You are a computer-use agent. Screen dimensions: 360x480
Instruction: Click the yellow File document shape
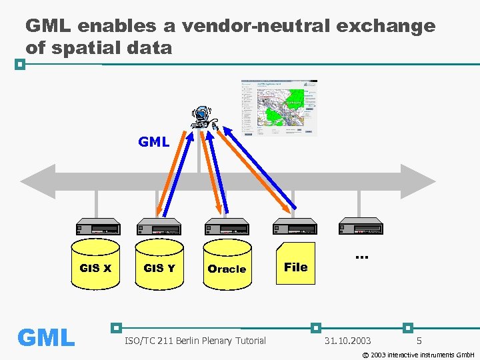[295, 266]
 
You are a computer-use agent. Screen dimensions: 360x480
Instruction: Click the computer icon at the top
[203, 117]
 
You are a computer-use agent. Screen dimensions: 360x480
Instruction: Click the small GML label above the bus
[153, 141]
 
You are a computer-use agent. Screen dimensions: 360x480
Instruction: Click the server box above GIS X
[97, 227]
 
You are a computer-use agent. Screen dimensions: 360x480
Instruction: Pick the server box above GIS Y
[159, 227]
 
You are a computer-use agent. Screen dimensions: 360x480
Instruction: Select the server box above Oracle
[227, 227]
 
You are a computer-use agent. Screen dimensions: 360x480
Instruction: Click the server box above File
[295, 227]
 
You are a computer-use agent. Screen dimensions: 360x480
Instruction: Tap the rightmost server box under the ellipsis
[361, 227]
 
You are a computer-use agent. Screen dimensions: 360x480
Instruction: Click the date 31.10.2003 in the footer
[347, 341]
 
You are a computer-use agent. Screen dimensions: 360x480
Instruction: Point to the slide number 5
[419, 341]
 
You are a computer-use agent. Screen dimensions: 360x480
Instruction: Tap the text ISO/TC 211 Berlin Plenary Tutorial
[195, 341]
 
